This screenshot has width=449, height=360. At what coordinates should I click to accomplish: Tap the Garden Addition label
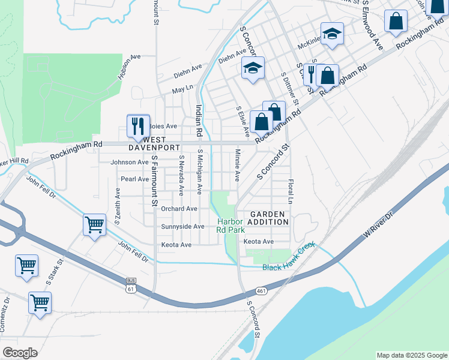tap(270, 218)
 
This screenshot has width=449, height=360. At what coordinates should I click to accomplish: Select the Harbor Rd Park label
tap(231, 226)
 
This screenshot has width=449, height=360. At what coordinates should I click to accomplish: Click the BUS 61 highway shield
tap(131, 284)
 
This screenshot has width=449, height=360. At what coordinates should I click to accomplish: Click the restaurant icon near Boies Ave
tap(138, 125)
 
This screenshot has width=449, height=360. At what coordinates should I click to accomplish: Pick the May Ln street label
tap(182, 89)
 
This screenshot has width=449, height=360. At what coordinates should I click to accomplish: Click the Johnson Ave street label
tap(129, 162)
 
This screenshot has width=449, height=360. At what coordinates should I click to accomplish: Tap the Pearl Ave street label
tap(134, 179)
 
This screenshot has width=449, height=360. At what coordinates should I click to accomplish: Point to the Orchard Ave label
tap(179, 209)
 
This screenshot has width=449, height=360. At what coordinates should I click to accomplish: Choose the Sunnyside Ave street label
tap(183, 226)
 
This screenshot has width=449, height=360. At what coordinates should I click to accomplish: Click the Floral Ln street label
tap(290, 190)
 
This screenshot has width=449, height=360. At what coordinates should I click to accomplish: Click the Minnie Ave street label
tap(237, 166)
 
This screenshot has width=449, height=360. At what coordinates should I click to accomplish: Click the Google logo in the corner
tap(20, 353)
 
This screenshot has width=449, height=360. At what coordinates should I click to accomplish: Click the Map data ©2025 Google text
tap(411, 355)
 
